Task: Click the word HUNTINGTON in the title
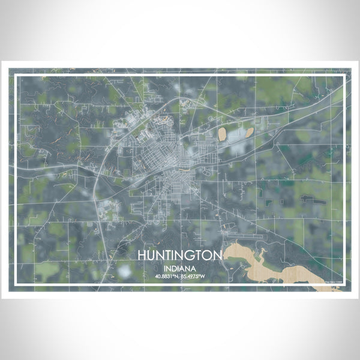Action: tap(180, 255)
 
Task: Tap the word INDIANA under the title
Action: tap(180, 268)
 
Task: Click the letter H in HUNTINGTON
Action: tap(142, 255)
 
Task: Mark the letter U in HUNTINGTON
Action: tap(151, 255)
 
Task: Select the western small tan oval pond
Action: tap(223, 133)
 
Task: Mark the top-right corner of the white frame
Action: tap(344, 76)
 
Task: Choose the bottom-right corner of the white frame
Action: tap(344, 283)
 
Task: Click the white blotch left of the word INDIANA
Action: tap(125, 271)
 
